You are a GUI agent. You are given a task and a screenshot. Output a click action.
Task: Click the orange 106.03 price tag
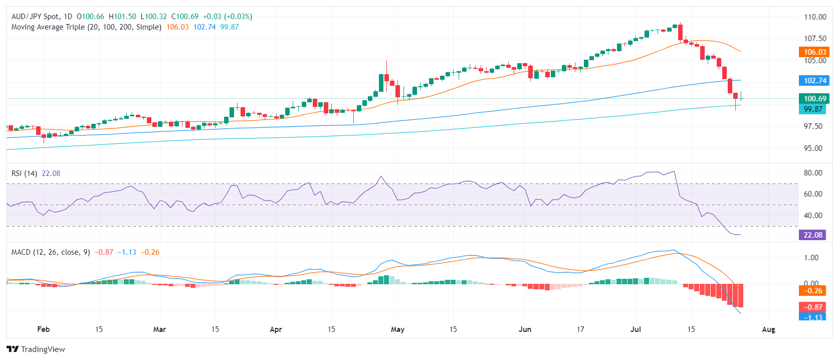[x=814, y=52]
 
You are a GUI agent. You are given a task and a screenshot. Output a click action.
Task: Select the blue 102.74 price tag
[x=814, y=80]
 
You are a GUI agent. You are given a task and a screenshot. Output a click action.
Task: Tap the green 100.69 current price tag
[x=814, y=98]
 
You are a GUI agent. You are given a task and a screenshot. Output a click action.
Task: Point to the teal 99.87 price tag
[x=812, y=109]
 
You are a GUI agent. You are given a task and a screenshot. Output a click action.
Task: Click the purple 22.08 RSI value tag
[x=812, y=235]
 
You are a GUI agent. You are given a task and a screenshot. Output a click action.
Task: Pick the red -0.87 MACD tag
[x=812, y=307]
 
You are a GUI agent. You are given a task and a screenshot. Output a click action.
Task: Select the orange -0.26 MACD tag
[x=812, y=290]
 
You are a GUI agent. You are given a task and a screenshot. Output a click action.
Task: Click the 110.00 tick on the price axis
[x=815, y=17]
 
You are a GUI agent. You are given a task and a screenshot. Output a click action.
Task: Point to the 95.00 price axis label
[x=813, y=148]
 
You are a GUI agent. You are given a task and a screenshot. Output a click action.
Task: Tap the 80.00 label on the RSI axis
[x=813, y=172]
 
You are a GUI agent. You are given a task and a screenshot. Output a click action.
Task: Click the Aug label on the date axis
[x=768, y=329]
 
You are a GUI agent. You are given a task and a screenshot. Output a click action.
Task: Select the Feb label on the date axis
[x=44, y=329]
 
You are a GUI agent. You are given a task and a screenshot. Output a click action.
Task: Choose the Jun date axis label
[x=525, y=329]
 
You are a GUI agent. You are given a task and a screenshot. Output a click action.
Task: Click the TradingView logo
[x=36, y=349]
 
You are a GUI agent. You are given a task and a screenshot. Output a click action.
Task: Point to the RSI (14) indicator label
[x=24, y=173]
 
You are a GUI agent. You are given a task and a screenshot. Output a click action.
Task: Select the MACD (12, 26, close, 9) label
[x=51, y=252]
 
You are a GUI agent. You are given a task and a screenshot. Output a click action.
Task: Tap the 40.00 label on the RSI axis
[x=813, y=215]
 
